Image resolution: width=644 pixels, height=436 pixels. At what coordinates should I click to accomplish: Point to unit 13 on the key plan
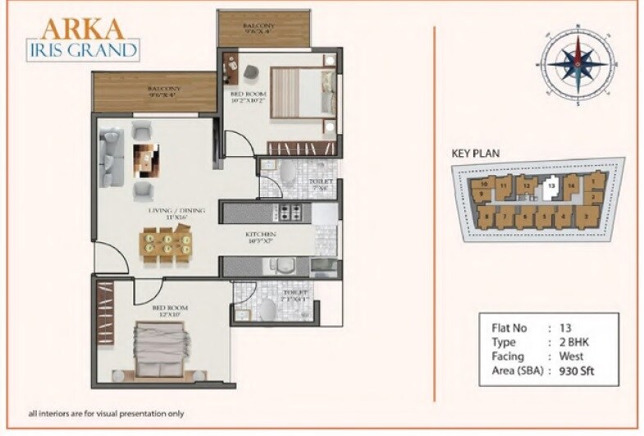(x=552, y=186)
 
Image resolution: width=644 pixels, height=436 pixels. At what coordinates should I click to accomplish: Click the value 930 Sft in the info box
(x=576, y=371)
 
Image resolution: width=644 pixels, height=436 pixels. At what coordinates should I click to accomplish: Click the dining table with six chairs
(x=167, y=244)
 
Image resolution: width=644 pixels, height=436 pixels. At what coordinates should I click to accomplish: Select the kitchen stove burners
(x=287, y=214)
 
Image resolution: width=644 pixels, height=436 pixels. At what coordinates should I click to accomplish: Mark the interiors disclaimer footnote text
(x=106, y=412)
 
